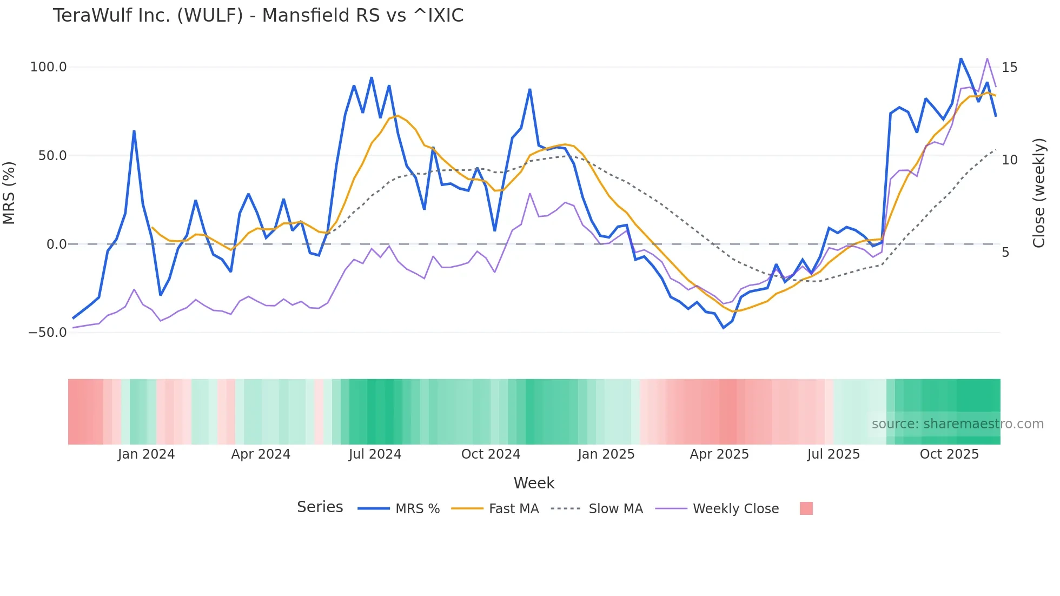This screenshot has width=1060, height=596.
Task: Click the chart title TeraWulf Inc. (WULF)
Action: (258, 16)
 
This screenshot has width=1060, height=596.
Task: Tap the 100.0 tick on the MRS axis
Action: (48, 67)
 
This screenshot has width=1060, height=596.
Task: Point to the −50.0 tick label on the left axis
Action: (48, 333)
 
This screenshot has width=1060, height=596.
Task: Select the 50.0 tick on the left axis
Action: (52, 156)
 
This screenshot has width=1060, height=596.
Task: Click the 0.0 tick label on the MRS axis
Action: (56, 244)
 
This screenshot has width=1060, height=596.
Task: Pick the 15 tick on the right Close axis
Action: (1009, 68)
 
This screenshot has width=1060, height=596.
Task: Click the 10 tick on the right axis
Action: (1009, 160)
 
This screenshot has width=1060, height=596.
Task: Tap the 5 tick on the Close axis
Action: (1005, 253)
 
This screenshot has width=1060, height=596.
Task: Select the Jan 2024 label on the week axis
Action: (146, 454)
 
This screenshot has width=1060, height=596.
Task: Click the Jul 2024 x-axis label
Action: (375, 454)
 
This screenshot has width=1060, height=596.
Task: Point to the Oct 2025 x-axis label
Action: (949, 454)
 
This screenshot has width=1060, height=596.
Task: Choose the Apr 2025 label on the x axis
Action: (719, 454)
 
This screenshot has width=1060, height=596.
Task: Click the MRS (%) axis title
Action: (9, 193)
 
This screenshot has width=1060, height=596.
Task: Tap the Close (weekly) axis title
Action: (1039, 193)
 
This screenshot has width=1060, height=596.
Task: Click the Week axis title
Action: (534, 483)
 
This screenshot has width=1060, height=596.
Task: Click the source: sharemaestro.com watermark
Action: (957, 424)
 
